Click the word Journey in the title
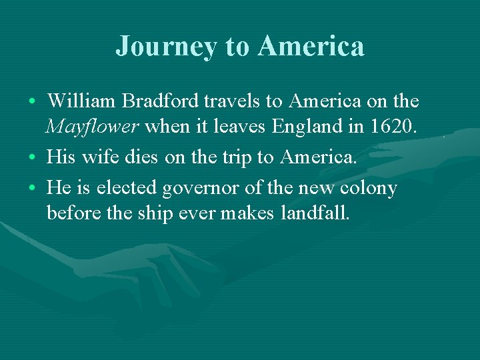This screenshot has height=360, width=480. (166, 47)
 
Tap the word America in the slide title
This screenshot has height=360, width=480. (311, 47)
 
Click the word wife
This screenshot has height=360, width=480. (93, 157)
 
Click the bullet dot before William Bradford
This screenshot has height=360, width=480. (32, 102)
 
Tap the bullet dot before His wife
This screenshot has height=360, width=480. (32, 157)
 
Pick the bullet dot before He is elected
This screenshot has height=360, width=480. (32, 189)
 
